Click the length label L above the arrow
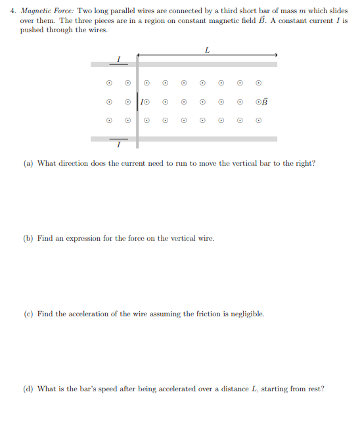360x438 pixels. [207, 49]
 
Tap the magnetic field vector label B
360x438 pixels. [265, 102]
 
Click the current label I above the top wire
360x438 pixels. [119, 59]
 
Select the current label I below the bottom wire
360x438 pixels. [119, 144]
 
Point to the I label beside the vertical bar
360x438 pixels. [142, 102]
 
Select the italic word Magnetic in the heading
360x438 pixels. [37, 11]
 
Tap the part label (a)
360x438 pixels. [28, 163]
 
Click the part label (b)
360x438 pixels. [28, 238]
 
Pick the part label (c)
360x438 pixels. [28, 314]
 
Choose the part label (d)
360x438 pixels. [28, 389]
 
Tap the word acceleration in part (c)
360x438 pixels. [91, 314]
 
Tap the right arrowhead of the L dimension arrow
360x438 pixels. [276, 55]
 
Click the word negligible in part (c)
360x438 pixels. [249, 314]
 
